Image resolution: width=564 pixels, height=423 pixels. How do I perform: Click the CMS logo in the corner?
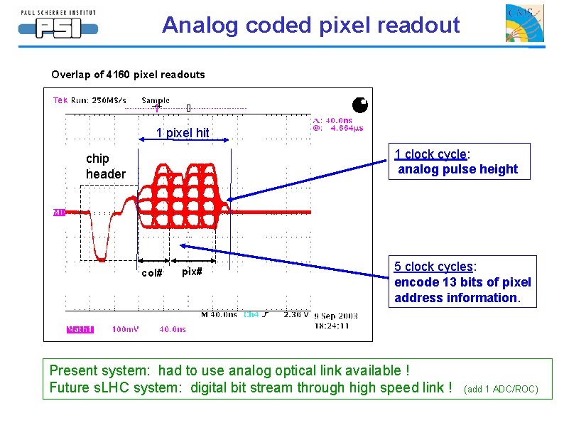(x=524, y=24)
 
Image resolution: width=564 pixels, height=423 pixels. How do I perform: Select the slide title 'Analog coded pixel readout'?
(x=310, y=25)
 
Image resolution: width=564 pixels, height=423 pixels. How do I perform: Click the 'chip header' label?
(x=105, y=167)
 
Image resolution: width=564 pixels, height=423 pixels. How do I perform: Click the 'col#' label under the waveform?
(x=153, y=272)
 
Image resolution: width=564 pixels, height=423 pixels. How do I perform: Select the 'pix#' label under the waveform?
(x=192, y=272)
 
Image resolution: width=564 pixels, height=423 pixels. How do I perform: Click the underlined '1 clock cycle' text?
(x=430, y=154)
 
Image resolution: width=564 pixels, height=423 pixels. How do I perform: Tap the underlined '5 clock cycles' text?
(x=433, y=267)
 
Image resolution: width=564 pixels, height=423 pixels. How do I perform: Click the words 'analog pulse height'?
(x=457, y=169)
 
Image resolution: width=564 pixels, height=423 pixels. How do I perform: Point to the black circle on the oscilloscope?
(x=360, y=105)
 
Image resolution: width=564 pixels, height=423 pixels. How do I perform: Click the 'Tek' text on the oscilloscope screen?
(x=60, y=100)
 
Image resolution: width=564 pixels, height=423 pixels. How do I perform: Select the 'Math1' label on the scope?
(x=80, y=329)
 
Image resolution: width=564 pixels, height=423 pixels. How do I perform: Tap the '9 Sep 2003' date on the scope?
(x=335, y=316)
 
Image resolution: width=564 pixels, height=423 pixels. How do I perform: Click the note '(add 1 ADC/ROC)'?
(x=501, y=389)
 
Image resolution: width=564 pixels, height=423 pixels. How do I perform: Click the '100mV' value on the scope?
(x=126, y=329)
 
